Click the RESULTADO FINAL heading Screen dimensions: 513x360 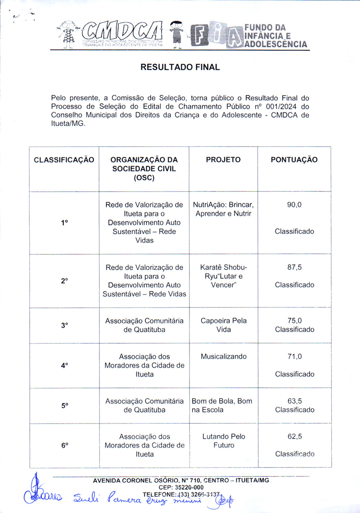pos(180,67)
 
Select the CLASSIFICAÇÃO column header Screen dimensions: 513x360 pos(64,160)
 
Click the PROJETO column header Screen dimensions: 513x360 pos(223,160)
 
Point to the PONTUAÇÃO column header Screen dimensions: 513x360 pos(294,160)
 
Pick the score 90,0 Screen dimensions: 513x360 pos(294,205)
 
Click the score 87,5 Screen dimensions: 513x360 pos(294,267)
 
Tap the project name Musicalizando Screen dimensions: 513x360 pos(224,356)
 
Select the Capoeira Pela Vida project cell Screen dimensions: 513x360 pos(224,325)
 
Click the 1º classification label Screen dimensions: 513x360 pos(64,222)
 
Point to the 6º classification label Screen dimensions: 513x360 pos(64,445)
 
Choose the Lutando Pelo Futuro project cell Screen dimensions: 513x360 pos(224,441)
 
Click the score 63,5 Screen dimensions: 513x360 pos(294,401)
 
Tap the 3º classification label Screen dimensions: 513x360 pos(64,325)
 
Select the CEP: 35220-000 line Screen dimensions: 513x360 pos(181,487)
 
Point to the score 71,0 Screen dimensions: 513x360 pos(294,356)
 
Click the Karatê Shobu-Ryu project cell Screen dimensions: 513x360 pos(224,276)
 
